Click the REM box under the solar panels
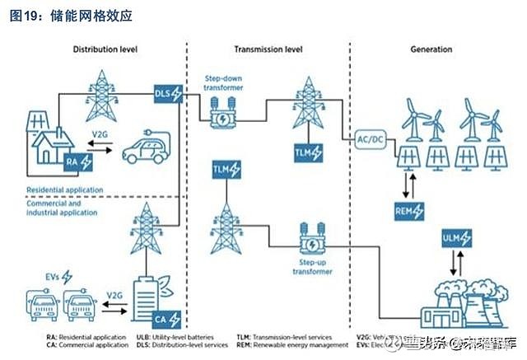[409, 212]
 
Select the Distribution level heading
[105, 49]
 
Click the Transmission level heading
[268, 49]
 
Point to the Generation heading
[431, 49]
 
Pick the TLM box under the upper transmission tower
[309, 152]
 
